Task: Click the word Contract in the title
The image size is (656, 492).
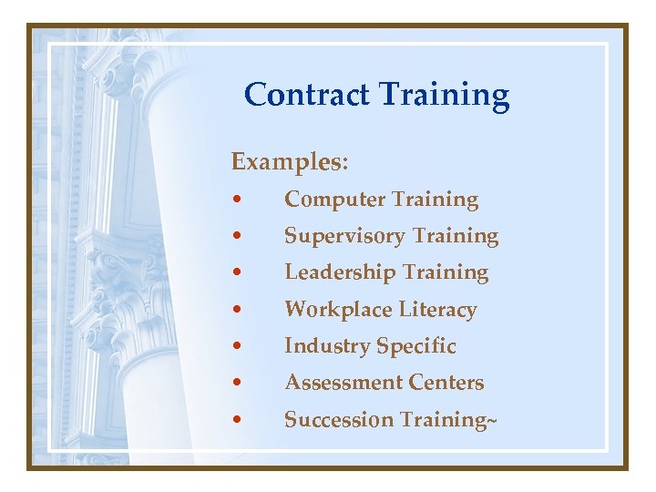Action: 306,94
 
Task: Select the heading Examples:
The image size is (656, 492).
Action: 289,162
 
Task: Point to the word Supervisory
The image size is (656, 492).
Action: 344,237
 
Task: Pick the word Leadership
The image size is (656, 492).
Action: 340,272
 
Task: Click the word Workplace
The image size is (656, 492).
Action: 338,310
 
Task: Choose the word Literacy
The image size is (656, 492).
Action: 438,310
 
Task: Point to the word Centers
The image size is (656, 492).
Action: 446,383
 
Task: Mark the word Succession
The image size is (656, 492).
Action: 339,420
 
